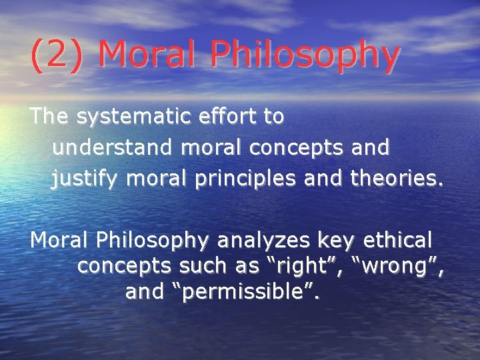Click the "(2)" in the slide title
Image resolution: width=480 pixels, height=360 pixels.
(x=57, y=54)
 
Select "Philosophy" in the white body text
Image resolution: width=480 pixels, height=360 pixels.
(x=151, y=239)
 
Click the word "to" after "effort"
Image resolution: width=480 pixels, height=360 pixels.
(x=274, y=117)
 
